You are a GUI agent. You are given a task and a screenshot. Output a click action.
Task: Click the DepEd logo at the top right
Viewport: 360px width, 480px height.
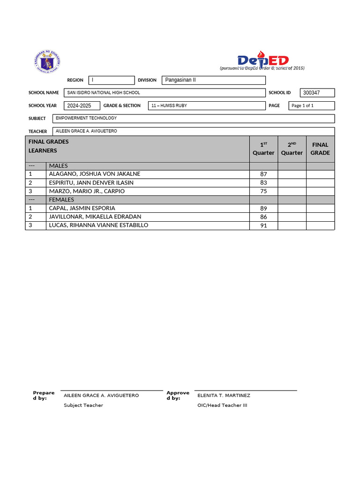click(263, 61)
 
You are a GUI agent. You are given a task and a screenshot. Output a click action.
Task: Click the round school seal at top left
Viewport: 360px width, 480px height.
click(47, 61)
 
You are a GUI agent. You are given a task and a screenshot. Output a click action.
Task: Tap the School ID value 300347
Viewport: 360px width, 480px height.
click(318, 93)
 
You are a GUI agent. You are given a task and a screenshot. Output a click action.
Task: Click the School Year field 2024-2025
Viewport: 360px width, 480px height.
click(82, 106)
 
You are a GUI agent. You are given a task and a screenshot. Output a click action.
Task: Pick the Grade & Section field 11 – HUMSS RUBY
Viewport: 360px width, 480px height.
click(206, 106)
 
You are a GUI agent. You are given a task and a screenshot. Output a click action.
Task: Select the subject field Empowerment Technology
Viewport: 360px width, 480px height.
click(193, 119)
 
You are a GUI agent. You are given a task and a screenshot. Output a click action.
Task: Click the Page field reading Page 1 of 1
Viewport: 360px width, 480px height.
click(311, 106)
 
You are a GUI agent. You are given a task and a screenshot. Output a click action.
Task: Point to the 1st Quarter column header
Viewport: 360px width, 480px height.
click(263, 149)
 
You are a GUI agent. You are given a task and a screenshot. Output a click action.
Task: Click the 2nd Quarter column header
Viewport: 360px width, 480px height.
click(292, 149)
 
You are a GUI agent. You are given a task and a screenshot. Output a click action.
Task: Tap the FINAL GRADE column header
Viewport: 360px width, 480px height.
click(320, 149)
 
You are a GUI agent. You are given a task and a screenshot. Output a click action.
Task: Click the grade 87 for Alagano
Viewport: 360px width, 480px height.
click(263, 174)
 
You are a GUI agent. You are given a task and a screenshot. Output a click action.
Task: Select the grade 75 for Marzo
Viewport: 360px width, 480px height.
click(263, 191)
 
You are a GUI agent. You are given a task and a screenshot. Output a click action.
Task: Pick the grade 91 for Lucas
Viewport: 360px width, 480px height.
click(263, 225)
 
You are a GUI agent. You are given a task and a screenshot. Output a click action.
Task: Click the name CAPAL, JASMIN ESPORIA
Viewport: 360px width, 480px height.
click(82, 208)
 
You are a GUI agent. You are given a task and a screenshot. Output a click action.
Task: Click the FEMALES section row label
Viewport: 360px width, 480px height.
click(61, 200)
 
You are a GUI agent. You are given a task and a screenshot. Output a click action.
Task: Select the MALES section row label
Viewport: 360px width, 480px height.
click(59, 166)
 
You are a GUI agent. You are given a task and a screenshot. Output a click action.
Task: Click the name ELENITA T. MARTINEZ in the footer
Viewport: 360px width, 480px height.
click(224, 396)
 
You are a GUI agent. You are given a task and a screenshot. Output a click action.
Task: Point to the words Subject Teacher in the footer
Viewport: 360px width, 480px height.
click(83, 405)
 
